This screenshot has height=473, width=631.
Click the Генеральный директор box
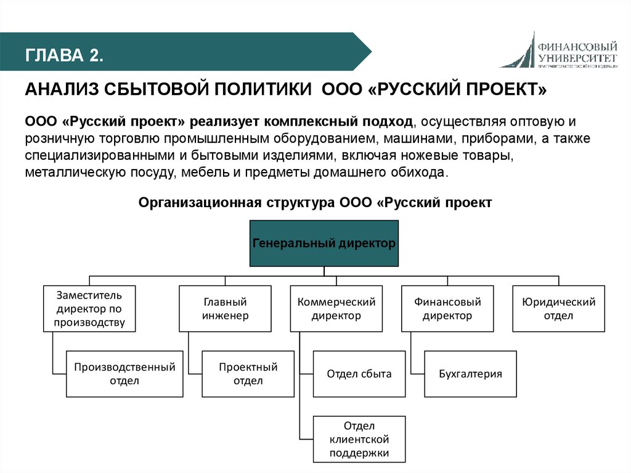tap(324, 243)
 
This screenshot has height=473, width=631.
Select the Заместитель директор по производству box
tap(89, 308)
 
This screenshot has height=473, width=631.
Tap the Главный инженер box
tap(225, 309)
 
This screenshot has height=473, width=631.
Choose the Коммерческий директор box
tap(336, 309)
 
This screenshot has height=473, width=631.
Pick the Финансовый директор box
tap(447, 309)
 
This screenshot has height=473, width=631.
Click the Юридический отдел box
tap(558, 309)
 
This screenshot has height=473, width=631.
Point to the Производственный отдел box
tap(125, 374)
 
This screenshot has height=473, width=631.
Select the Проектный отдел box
tap(248, 374)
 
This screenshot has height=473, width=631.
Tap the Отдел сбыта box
tap(359, 374)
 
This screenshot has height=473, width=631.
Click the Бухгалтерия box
tap(470, 374)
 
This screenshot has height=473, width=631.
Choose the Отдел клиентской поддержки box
tap(360, 439)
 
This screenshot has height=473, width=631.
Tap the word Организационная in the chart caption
tap(200, 202)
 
